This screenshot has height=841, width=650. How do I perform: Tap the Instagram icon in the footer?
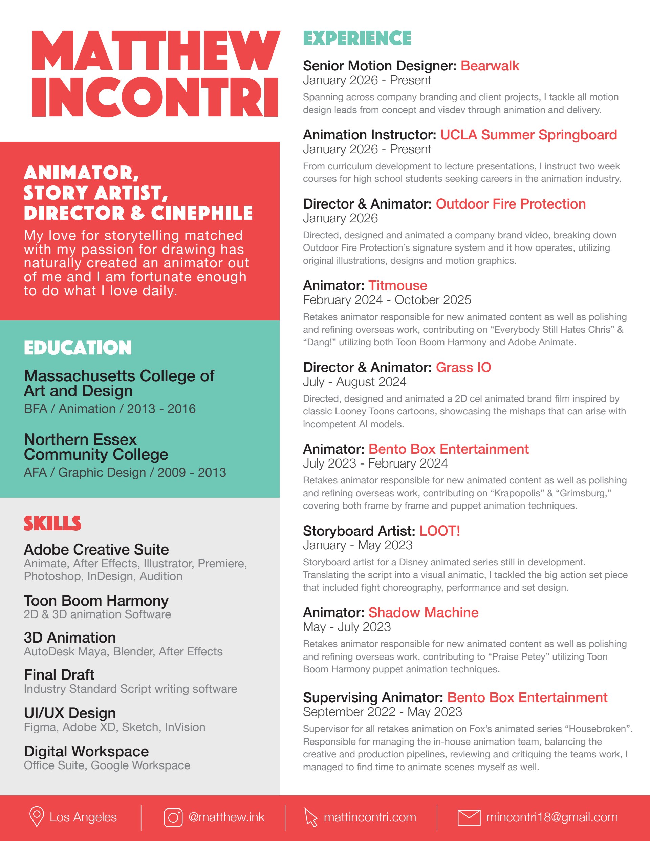tap(173, 817)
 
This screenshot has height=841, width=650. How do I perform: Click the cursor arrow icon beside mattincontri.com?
tap(311, 817)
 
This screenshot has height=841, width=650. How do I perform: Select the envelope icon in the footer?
tap(469, 817)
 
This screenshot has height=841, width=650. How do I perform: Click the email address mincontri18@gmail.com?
tap(552, 817)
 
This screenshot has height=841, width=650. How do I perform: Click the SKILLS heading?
tap(52, 524)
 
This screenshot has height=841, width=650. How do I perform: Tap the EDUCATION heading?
tap(78, 348)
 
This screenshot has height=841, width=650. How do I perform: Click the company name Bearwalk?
tap(490, 66)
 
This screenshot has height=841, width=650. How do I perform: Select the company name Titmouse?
tap(398, 285)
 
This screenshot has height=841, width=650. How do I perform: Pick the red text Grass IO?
tap(463, 367)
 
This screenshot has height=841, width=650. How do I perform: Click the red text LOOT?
tap(439, 531)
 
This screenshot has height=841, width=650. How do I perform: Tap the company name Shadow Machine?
tap(423, 613)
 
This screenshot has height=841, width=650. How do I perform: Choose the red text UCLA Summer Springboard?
tap(528, 135)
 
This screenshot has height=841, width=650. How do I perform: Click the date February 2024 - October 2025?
tap(387, 300)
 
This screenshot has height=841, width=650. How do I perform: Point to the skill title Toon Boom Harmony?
tap(96, 601)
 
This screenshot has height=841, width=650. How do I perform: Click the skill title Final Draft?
tap(59, 675)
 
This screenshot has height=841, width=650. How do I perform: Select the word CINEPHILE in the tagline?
tap(202, 213)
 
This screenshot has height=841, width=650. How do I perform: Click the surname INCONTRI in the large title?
tap(155, 97)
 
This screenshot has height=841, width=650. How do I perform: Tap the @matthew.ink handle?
tap(226, 817)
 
